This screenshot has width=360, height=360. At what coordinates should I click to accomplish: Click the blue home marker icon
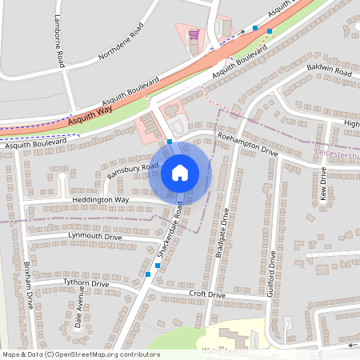click(180, 172)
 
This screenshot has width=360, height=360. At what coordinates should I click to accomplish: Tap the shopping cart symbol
click(193, 35)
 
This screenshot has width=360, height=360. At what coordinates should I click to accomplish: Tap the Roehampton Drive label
click(247, 145)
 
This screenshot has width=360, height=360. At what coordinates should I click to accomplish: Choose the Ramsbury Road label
click(129, 170)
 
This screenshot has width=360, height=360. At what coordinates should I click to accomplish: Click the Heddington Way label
click(100, 199)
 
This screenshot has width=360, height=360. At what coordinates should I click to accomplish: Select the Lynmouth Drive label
click(95, 237)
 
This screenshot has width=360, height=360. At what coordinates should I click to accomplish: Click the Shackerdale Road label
click(170, 229)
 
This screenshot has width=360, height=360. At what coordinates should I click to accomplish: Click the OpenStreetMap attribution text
click(80, 354)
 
